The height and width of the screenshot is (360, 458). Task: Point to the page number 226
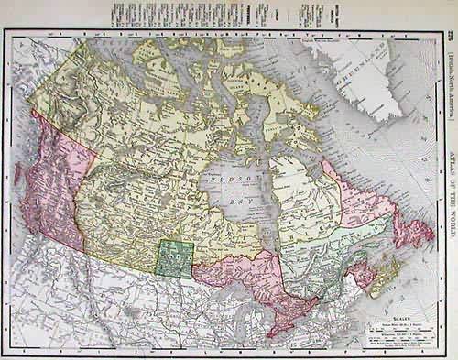pos(450,37)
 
